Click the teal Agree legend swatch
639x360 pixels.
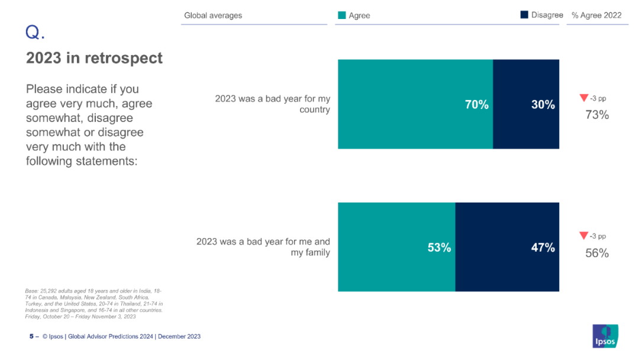341,15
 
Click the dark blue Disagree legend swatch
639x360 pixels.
524,15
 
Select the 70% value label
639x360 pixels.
476,105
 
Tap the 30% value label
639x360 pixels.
543,105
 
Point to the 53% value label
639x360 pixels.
439,248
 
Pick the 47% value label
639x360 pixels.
543,248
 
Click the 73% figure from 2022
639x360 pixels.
597,115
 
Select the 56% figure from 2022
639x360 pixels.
597,253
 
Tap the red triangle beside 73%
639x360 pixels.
583,98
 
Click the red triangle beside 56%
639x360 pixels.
583,236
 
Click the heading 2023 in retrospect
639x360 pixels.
94,58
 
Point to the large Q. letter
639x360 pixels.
35,33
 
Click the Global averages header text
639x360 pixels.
213,15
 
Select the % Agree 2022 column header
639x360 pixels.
596,15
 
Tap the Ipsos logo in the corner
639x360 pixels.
605,336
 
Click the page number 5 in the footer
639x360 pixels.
31,336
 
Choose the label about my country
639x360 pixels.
272,104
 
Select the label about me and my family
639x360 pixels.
263,247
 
